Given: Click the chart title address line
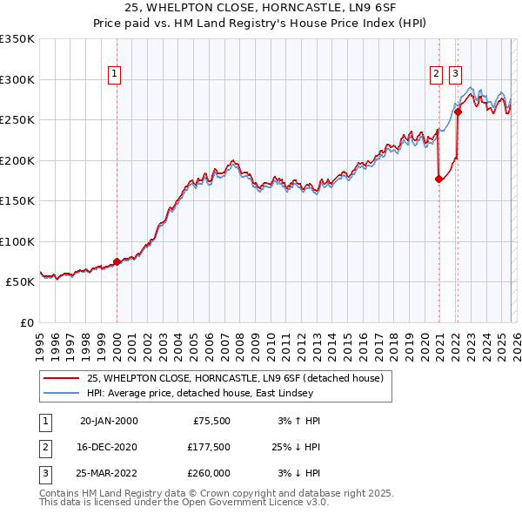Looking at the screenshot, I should click(260, 8).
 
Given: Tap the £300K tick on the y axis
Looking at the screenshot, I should click(17, 79).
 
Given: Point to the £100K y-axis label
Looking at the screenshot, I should click(17, 241).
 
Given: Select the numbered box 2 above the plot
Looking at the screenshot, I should click(437, 74).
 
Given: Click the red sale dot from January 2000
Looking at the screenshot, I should click(117, 261).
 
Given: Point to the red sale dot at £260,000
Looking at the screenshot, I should click(458, 112).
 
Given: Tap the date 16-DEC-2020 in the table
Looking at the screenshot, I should click(109, 447).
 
